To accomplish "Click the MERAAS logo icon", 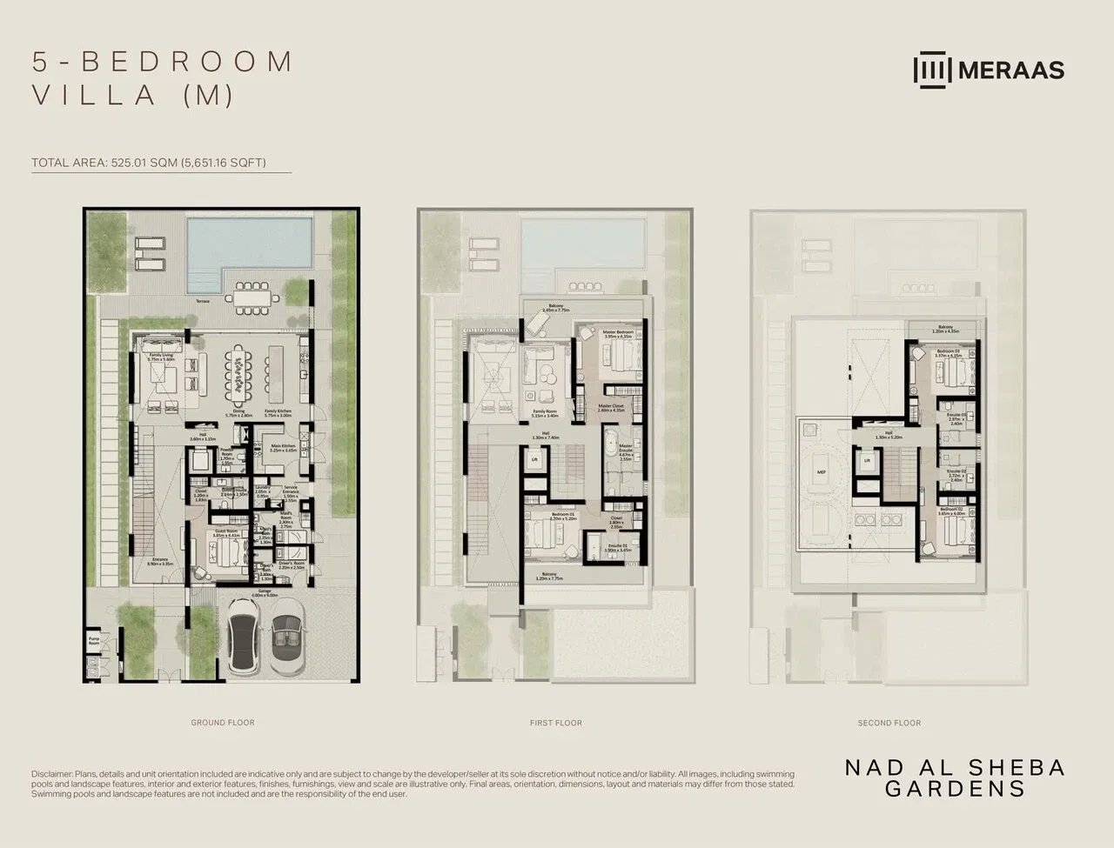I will pos(932,70).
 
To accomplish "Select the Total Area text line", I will pos(149,163).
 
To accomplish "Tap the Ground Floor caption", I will pos(223,723).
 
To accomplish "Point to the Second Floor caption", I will pos(889,723).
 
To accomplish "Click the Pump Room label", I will pos(94,642).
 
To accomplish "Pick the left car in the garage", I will pos(243,639).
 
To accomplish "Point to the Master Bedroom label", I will pos(618,332).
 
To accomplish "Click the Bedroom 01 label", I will pos(563,517).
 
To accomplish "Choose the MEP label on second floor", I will pos(821,472).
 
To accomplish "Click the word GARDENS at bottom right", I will pos(955,789).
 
